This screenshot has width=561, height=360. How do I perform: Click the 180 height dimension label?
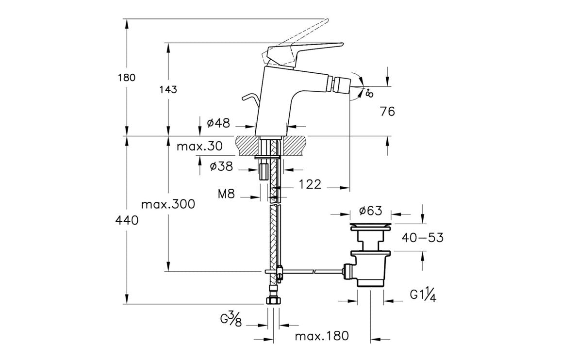[x=127, y=78]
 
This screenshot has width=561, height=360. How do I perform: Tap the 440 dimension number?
[x=127, y=220]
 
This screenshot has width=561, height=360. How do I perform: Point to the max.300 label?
[x=168, y=204]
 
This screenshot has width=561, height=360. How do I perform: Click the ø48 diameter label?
[x=218, y=123]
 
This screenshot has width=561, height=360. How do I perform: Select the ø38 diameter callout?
[x=221, y=167]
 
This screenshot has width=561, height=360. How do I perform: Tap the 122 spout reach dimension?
[x=310, y=184]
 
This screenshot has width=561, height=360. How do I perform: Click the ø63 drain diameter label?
[x=371, y=211]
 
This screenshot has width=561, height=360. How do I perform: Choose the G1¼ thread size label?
[x=423, y=295]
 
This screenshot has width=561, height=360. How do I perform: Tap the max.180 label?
[x=321, y=336]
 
